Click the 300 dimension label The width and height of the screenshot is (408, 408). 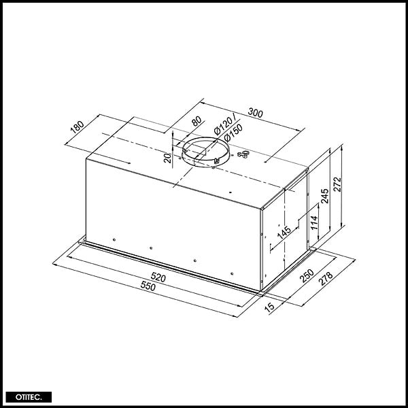[x=255, y=112]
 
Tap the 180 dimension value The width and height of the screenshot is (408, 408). [x=78, y=127]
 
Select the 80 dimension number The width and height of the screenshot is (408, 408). [x=197, y=121]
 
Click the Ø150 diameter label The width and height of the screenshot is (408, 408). [x=233, y=132]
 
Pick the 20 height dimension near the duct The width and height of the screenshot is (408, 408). [x=168, y=158]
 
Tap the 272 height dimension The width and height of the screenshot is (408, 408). [x=337, y=184]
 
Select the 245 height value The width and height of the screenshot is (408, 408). [x=324, y=196]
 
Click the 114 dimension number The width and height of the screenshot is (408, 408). [x=314, y=222]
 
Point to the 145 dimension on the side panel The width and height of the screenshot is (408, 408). [x=284, y=233]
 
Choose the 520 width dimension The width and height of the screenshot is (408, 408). [x=158, y=277]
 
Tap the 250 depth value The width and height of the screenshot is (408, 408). [x=307, y=276]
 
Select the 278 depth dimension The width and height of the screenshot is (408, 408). [x=325, y=279]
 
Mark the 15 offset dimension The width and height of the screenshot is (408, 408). [x=269, y=307]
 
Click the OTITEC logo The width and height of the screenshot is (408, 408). [x=29, y=397]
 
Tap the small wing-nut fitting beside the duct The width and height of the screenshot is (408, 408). [x=243, y=154]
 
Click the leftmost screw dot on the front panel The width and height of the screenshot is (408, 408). [x=114, y=239]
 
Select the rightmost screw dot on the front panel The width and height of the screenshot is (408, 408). [x=232, y=274]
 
